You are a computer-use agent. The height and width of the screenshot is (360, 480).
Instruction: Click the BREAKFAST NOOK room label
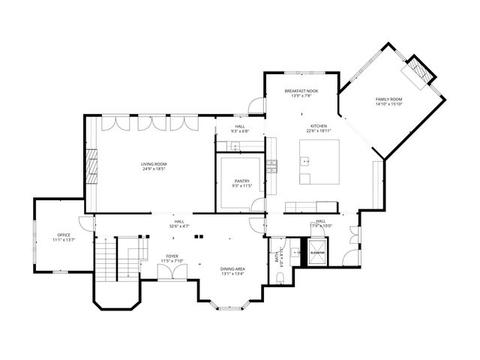pyautogui.click(x=301, y=90)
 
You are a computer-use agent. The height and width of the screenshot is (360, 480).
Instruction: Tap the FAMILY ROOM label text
pyautogui.click(x=388, y=100)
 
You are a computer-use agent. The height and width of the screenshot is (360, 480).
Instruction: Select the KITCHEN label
pyautogui.click(x=316, y=125)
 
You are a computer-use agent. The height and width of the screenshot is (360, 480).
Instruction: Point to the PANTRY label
pyautogui.click(x=241, y=181)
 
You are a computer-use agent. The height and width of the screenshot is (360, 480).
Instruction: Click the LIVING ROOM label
pyautogui.click(x=154, y=163)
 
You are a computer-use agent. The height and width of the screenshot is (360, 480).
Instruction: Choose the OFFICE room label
pyautogui.click(x=64, y=235)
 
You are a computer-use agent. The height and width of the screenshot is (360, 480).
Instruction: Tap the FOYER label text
pyautogui.click(x=172, y=256)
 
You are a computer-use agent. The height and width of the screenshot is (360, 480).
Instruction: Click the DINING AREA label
pyautogui.click(x=232, y=268)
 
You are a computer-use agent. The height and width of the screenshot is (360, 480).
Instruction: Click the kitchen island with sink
pyautogui.click(x=319, y=161)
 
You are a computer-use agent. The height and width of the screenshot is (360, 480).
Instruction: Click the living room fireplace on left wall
pyautogui.click(x=91, y=164)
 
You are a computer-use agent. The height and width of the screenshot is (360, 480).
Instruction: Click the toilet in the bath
pyautogui.click(x=278, y=279)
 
